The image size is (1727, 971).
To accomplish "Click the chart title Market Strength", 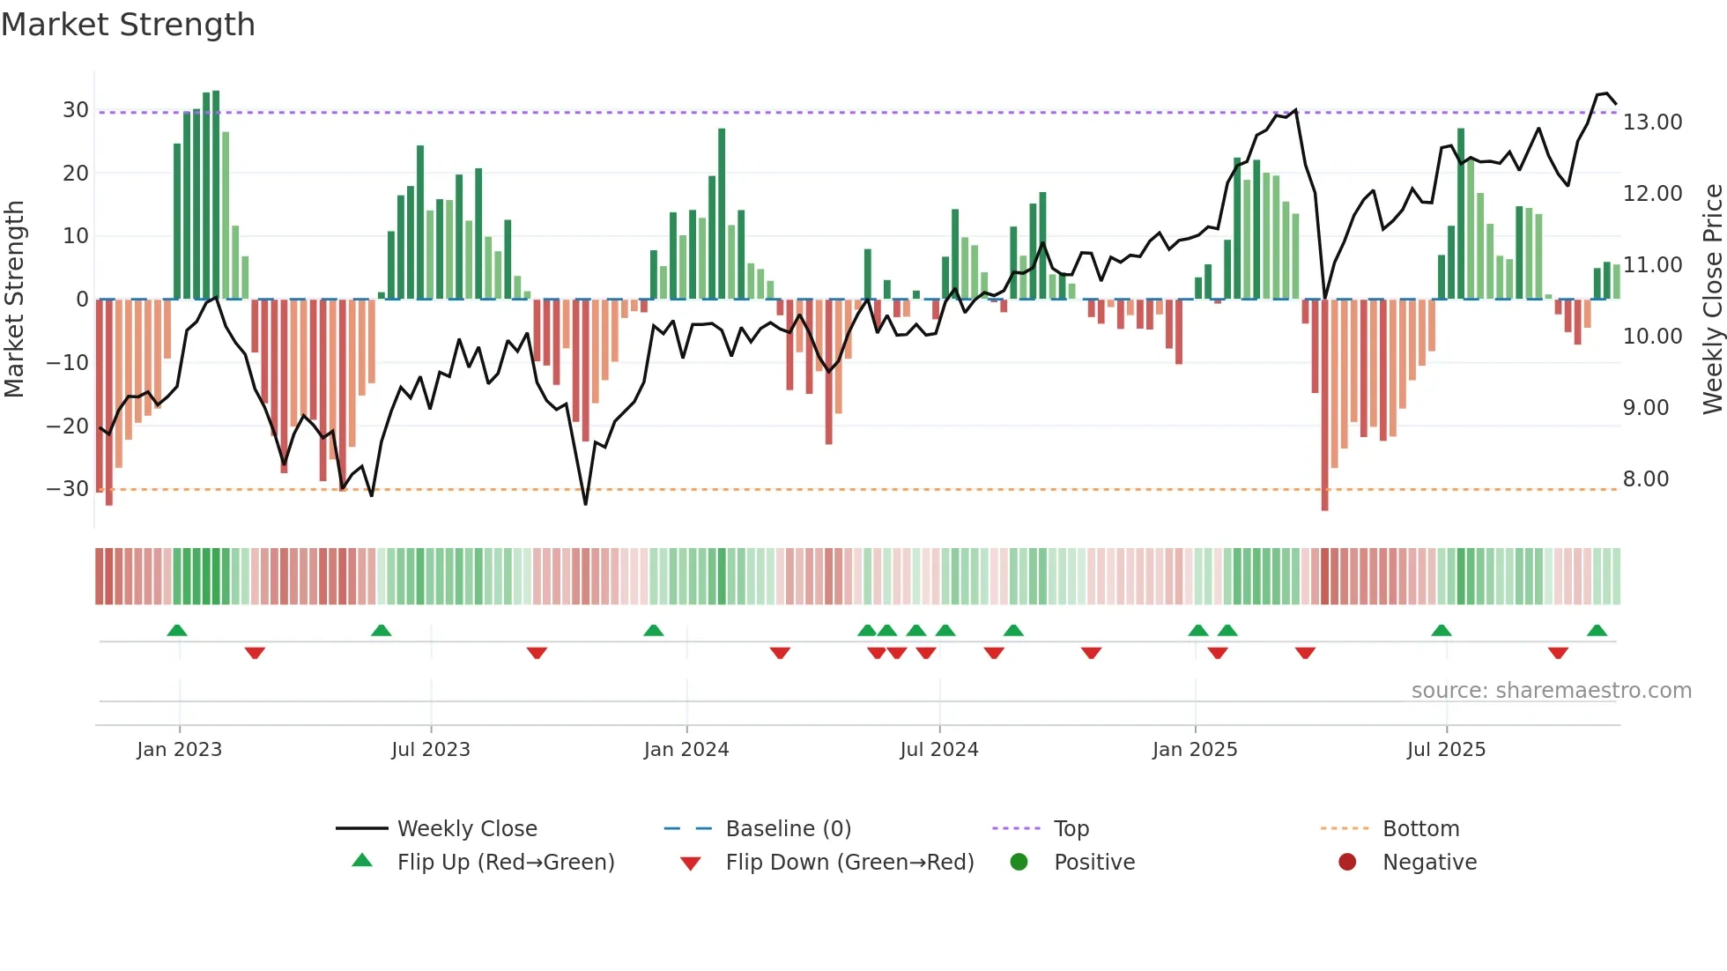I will point(128,25).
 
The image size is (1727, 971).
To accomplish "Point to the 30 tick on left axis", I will point(76,110).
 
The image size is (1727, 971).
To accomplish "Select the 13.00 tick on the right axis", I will point(1652,122).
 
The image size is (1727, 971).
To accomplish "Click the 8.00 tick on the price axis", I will point(1646,479).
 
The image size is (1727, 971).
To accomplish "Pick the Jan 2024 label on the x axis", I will point(686,750).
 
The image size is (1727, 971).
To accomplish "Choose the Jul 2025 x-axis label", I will point(1446,750).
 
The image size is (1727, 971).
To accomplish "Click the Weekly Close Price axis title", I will point(1712,300).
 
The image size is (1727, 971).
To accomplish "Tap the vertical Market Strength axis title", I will point(14,300).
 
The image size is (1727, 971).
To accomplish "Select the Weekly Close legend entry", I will point(466,829).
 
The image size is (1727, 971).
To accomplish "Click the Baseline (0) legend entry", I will point(788,829).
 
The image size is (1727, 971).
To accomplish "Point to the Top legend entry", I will point(1071,829).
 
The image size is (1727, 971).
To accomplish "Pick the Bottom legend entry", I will point(1420,829).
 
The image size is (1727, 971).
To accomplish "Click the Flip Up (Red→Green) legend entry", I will point(505,863).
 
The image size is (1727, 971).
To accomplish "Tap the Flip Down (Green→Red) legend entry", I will point(849,863).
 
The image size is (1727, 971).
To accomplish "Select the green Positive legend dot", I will point(1019,863).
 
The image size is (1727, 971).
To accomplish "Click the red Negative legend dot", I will point(1347,863).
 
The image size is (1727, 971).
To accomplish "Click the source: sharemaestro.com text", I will point(1551,691).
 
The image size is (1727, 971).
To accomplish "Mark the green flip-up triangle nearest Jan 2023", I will point(177,631).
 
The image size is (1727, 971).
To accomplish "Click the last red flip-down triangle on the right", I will point(1558,653).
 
